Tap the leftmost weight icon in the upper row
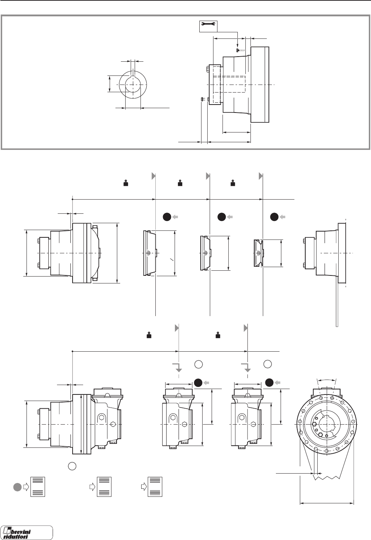tap(126, 184)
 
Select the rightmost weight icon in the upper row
tap(233, 184)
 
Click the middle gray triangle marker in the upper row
tap(208, 176)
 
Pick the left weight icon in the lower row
tap(148, 335)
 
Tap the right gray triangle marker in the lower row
tap(246, 328)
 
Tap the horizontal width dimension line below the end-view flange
tap(327, 503)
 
